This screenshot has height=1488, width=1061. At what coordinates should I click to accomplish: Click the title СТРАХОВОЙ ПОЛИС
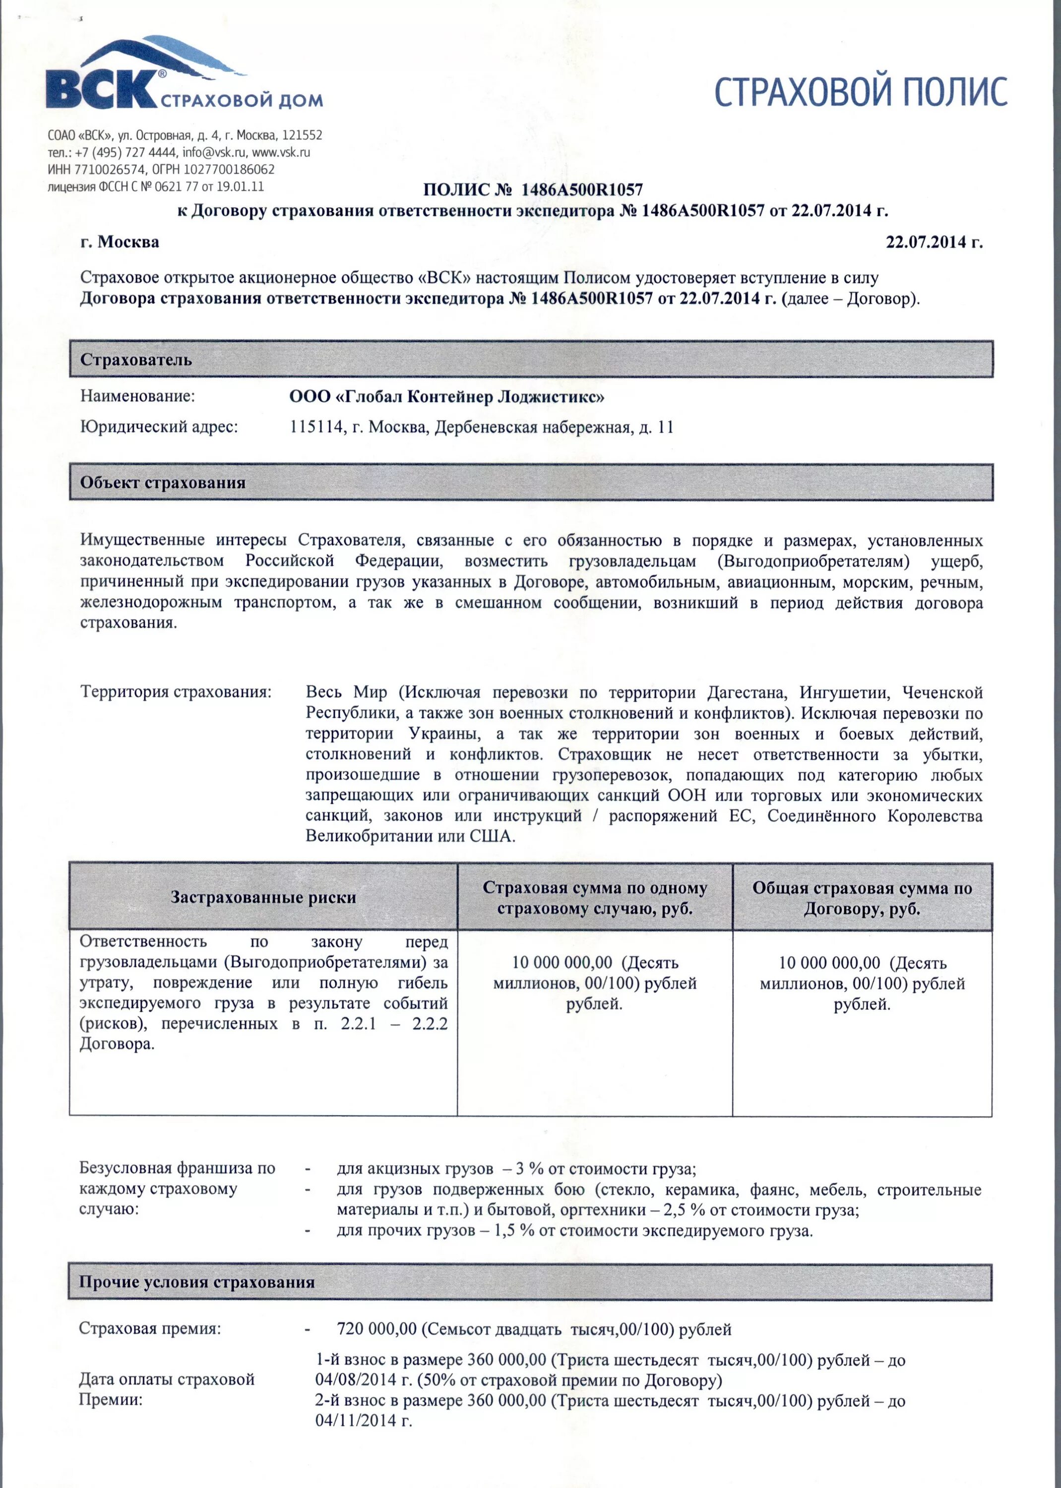coord(861,91)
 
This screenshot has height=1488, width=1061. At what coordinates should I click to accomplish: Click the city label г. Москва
coord(120,242)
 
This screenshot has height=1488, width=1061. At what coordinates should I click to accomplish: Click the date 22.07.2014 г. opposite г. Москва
coord(934,242)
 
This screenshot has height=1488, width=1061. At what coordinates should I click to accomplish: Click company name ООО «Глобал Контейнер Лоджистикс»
coord(447,396)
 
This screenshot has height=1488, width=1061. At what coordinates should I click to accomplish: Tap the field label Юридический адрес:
coord(159,427)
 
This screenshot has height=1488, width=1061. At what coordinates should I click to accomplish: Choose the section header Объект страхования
coord(163,483)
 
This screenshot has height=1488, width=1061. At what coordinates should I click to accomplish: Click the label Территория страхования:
coord(176,692)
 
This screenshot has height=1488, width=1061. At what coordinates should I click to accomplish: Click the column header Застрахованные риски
coord(263,897)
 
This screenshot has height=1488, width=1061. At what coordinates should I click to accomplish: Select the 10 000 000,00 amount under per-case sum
coord(562,963)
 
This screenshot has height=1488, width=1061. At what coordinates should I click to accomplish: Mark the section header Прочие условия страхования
coord(196,1282)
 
